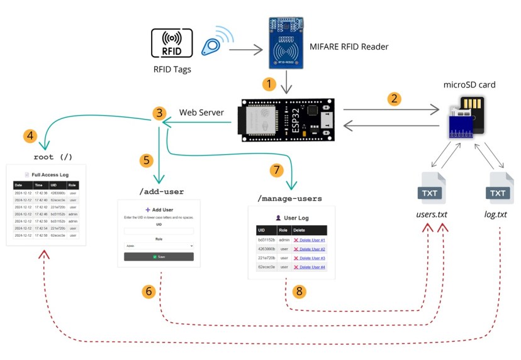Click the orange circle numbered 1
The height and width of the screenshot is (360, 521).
click(x=269, y=84)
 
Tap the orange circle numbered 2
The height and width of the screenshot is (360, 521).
click(x=394, y=99)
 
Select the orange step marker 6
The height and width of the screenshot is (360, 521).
click(x=148, y=291)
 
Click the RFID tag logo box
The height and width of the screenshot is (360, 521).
click(x=172, y=43)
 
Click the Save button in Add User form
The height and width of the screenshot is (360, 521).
click(x=159, y=257)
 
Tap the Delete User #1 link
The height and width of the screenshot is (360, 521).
click(x=309, y=240)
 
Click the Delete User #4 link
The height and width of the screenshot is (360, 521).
click(x=309, y=267)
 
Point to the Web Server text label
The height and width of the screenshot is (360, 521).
click(x=201, y=112)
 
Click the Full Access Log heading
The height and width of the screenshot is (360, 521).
click(x=47, y=174)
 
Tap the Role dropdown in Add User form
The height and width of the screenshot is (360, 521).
click(x=159, y=245)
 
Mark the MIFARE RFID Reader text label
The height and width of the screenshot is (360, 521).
click(x=349, y=47)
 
